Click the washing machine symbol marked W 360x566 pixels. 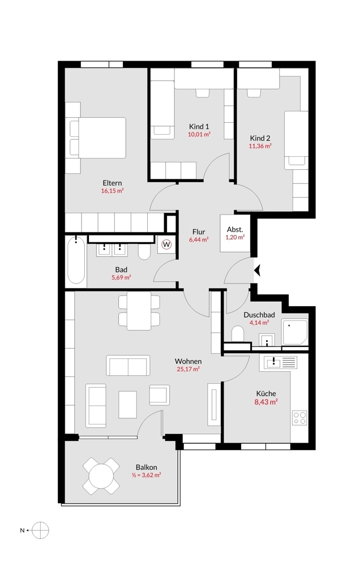tap(166, 245)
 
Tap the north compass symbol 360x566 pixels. tap(40, 530)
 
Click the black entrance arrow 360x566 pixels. tap(257, 270)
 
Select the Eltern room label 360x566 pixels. tap(112, 183)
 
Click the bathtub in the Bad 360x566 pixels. tap(76, 260)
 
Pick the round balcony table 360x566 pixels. tap(101, 476)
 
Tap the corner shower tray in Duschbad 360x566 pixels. tap(295, 332)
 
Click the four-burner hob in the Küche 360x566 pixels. tap(299, 418)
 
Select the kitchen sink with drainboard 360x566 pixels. tap(280, 362)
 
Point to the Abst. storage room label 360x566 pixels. tap(235, 230)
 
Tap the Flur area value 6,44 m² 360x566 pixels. tap(199, 239)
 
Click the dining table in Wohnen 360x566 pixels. tap(139, 310)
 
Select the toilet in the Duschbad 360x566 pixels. tap(238, 333)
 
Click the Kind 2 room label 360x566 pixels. tap(260, 138)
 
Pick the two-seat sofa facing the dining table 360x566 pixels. tap(128, 366)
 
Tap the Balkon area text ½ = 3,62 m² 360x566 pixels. tap(146, 475)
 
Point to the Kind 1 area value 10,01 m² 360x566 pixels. tap(199, 134)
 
